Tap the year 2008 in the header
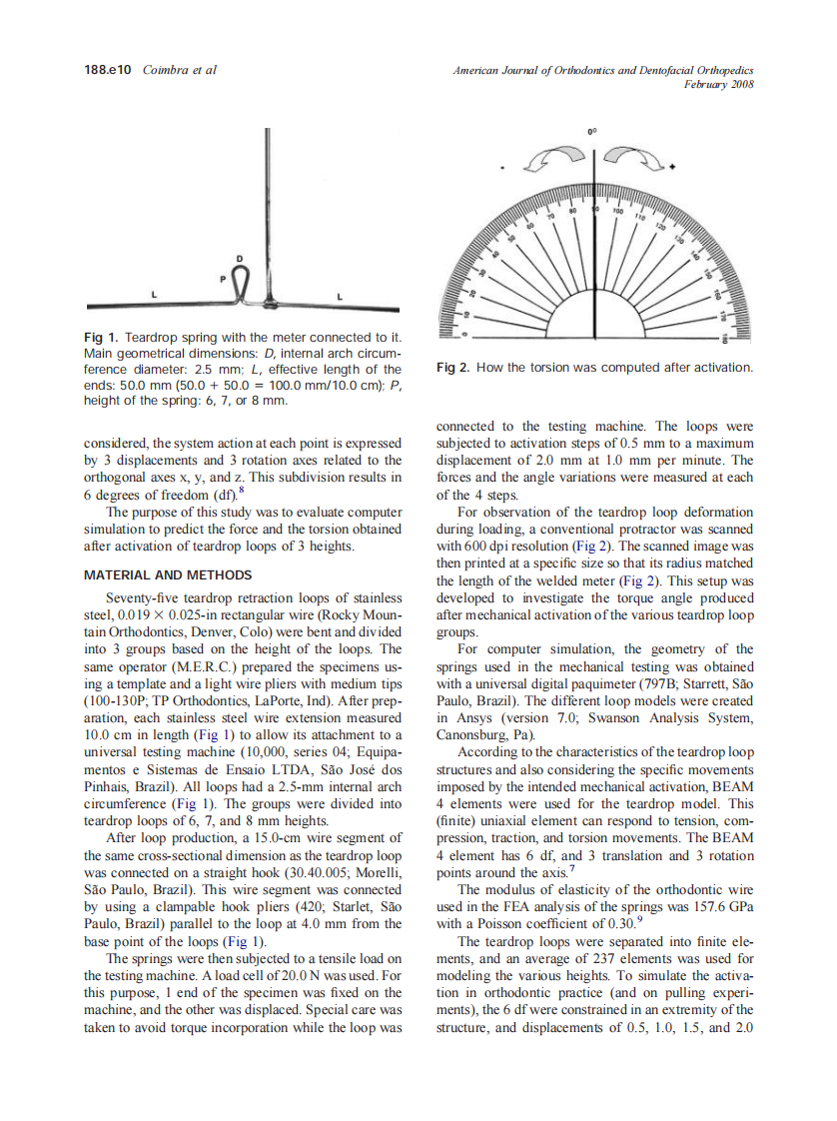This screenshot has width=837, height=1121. [x=742, y=84]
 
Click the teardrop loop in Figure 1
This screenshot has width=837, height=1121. [x=241, y=287]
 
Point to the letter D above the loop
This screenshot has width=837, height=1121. [x=240, y=260]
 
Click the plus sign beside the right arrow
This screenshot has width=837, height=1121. [x=673, y=166]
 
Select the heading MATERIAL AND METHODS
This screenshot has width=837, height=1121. [x=168, y=575]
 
